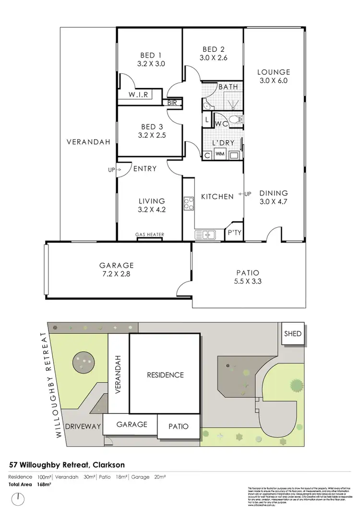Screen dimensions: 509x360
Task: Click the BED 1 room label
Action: point(150,54)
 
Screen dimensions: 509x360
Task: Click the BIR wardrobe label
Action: point(172,102)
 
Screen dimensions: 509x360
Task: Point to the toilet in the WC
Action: point(233,120)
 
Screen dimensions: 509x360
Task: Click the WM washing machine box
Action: point(220,154)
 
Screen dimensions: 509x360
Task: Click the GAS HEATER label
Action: point(150,235)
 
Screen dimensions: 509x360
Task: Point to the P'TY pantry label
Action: point(234,232)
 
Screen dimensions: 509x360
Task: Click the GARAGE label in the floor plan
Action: point(116,265)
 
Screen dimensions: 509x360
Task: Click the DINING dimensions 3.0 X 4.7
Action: point(273,202)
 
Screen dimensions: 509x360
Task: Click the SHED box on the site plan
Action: point(293,333)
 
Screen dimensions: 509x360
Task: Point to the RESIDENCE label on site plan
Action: point(165,375)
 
